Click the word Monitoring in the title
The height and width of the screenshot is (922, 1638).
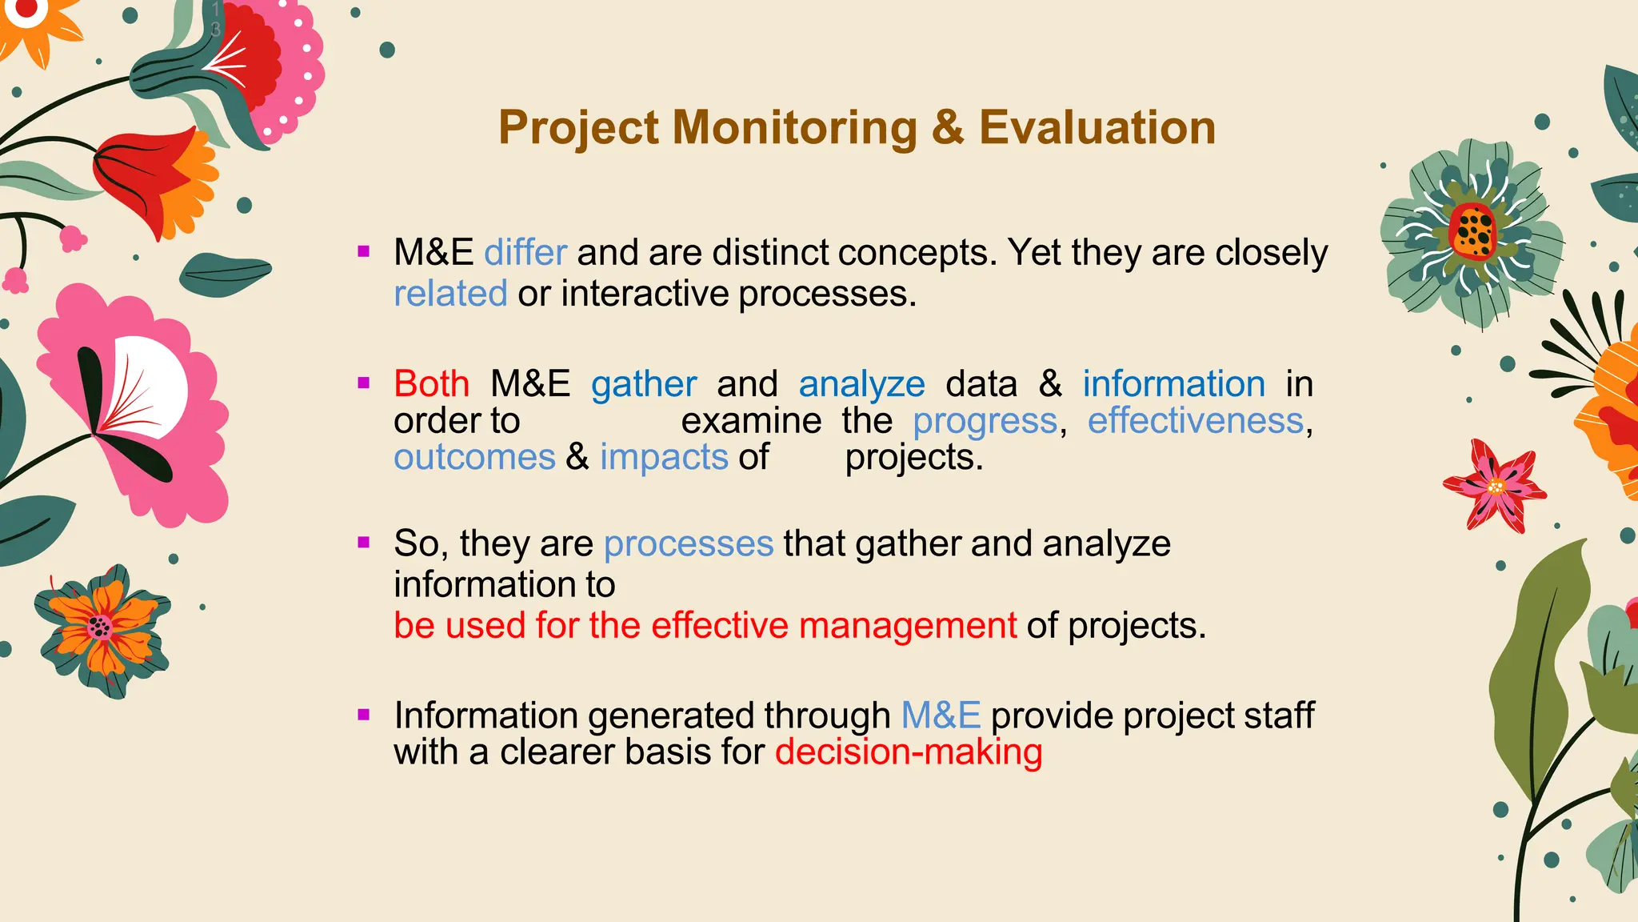tap(794, 128)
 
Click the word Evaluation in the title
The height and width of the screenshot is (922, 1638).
tap(1097, 128)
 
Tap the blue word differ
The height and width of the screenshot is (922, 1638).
tap(525, 253)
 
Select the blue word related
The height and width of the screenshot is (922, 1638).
tap(450, 294)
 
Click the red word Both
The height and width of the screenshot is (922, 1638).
tap(431, 384)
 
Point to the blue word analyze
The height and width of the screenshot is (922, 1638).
tap(861, 385)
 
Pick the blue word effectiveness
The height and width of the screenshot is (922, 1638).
tap(1196, 421)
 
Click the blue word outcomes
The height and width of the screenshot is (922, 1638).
tap(474, 458)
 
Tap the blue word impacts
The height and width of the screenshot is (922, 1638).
tap(664, 458)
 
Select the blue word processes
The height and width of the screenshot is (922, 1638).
tap(689, 544)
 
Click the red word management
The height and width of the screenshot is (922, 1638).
tap(908, 626)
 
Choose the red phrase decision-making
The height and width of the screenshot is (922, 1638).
tap(909, 752)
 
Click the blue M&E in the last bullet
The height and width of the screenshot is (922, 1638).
tap(941, 716)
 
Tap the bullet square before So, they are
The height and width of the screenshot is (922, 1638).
tap(364, 543)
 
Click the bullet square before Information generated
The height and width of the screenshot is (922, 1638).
tap(364, 715)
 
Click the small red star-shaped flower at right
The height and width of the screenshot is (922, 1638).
tap(1494, 486)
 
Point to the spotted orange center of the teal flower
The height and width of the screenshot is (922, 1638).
tap(1472, 231)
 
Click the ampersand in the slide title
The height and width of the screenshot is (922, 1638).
tap(948, 128)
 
